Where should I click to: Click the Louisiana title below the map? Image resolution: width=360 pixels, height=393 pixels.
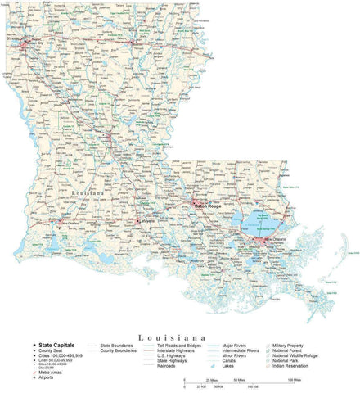pos(178,337)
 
